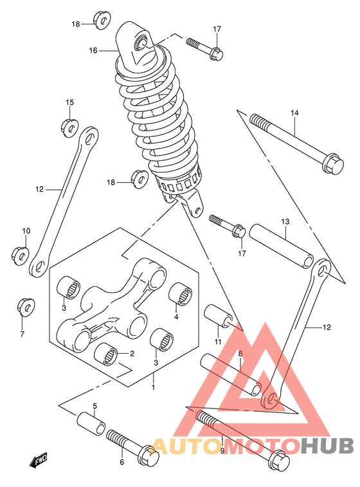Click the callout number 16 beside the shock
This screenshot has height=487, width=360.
93,50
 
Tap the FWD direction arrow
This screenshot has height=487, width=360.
38,459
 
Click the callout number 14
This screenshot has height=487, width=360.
294,113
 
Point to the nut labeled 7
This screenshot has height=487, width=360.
26,307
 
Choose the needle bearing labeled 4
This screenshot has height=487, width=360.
180,293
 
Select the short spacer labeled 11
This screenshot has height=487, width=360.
218,316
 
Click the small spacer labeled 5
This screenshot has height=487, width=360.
91,424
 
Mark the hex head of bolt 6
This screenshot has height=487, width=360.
148,454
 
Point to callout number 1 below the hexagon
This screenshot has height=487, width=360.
153,387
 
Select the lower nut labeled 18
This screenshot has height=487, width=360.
140,179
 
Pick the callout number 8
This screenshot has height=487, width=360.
240,353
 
